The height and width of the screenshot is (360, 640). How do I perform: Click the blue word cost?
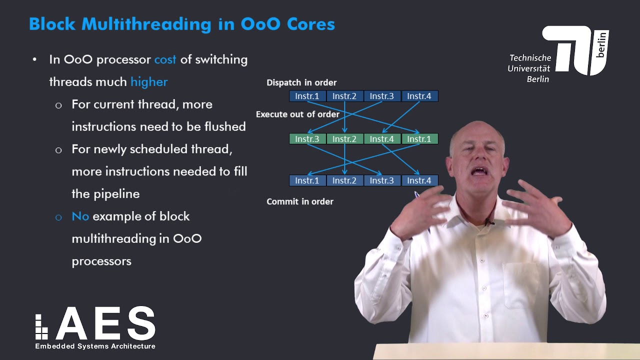[165, 59]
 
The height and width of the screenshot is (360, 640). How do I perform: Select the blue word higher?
[149, 82]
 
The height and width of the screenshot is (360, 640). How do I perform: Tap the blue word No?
[80, 216]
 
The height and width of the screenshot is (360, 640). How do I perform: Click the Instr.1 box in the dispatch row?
[307, 96]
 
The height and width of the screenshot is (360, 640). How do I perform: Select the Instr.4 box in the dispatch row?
[419, 96]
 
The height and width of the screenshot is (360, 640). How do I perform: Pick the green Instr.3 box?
[307, 139]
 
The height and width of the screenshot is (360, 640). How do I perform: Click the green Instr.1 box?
[419, 139]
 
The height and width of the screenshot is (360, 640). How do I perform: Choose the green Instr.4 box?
[382, 139]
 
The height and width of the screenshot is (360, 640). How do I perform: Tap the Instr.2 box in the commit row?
[344, 180]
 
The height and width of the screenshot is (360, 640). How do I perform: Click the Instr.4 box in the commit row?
[419, 180]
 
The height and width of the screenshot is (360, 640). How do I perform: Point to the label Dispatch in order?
[301, 82]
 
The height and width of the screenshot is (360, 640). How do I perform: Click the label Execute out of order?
[297, 114]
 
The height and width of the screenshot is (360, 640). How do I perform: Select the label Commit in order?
[300, 201]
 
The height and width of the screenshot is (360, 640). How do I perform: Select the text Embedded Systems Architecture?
[95, 346]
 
